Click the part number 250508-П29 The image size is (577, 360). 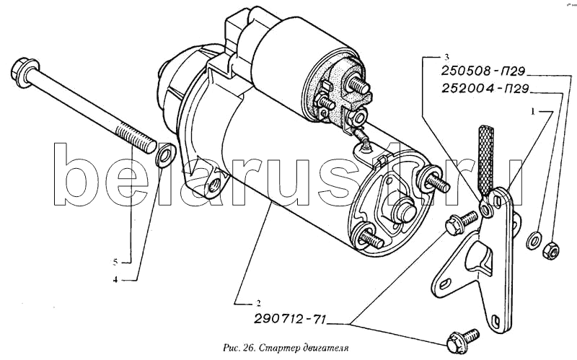coord(483,71)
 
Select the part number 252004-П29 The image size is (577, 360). coord(485,89)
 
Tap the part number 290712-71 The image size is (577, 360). coord(290,319)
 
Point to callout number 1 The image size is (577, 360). coord(532,112)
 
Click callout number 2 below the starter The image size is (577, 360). coord(258,304)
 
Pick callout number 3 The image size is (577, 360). coord(446,57)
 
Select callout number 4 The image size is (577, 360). coord(115,280)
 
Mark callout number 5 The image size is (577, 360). coord(115,263)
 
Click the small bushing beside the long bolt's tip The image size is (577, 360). coord(166,155)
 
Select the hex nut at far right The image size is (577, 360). coord(551,250)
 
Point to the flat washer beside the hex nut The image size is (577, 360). coord(534,241)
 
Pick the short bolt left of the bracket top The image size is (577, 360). coord(461,223)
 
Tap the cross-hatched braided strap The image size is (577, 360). coord(485,159)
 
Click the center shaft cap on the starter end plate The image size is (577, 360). coord(403,210)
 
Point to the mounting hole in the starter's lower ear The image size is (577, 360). coord(213,187)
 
